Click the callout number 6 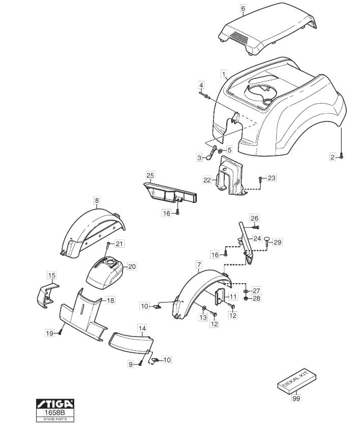click(243, 8)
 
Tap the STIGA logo click(55, 404)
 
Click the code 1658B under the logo click(55, 413)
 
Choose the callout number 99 click(296, 398)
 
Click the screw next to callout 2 click(341, 156)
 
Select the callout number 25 click(151, 175)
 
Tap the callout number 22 click(207, 180)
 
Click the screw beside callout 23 click(260, 178)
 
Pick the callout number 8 click(97, 200)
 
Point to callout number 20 click(132, 266)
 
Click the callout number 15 click(52, 275)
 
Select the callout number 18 click(110, 300)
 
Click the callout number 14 click(142, 328)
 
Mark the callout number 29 click(278, 242)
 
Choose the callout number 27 click(256, 290)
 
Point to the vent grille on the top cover click(240, 37)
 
